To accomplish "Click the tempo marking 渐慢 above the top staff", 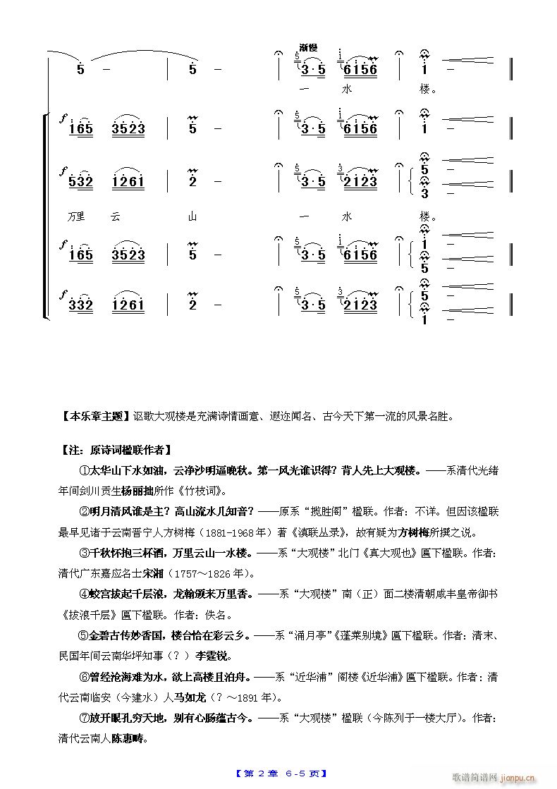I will (x=308, y=47).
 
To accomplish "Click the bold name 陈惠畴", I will (x=130, y=740).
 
